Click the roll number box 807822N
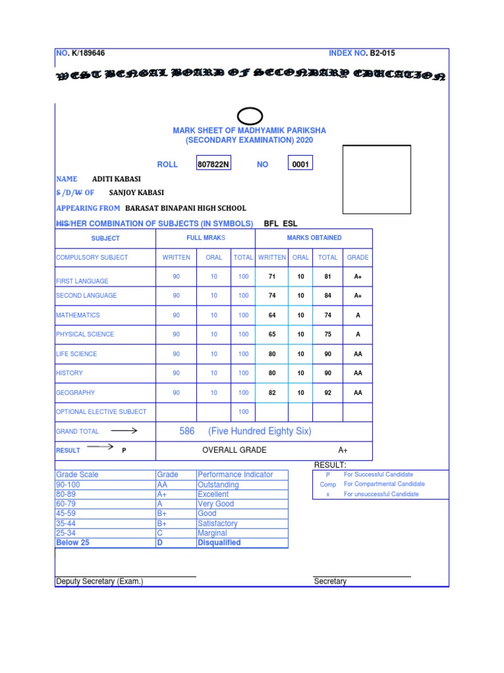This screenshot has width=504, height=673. click(214, 164)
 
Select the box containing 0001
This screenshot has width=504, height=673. click(301, 164)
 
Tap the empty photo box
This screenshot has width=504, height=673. click(377, 179)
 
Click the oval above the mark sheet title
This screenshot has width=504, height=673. click(249, 117)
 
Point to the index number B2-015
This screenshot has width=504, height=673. click(382, 53)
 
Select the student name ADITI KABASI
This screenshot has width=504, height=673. click(116, 179)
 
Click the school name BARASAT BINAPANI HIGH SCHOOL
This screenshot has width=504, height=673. click(186, 208)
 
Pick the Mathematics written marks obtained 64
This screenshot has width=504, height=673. click(272, 315)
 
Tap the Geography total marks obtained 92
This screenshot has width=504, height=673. click(327, 393)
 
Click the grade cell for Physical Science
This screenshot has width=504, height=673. click(358, 335)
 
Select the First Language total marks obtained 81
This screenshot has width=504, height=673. click(327, 277)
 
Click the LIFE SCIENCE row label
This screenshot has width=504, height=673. click(76, 354)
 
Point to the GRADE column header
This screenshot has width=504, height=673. click(358, 258)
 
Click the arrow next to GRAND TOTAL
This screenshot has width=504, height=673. click(123, 431)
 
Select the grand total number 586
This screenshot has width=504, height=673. click(187, 431)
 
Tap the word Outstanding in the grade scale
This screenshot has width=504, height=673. click(218, 485)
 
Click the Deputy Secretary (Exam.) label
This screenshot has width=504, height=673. click(100, 582)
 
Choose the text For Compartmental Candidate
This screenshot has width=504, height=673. click(384, 484)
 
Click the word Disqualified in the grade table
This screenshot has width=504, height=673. click(219, 543)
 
